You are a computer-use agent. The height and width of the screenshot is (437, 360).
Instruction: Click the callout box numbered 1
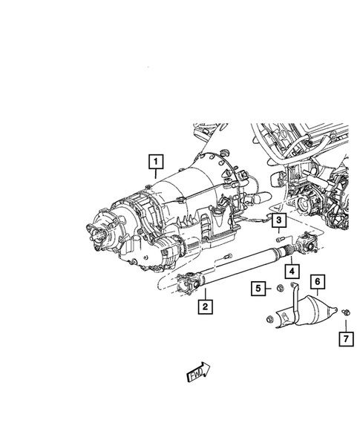[x=156, y=161]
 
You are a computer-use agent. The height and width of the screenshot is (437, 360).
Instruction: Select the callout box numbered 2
[x=205, y=306]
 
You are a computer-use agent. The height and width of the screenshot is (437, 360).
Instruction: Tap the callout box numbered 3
[x=279, y=220]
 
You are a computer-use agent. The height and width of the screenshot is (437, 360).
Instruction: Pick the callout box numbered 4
[x=292, y=271]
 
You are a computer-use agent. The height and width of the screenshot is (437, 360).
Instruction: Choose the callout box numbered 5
[x=258, y=288]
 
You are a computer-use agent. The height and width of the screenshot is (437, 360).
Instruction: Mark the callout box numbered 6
[x=318, y=282]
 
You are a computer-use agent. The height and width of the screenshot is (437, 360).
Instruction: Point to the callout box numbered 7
[x=346, y=339]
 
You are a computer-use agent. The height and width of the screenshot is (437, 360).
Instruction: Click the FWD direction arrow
[x=198, y=372]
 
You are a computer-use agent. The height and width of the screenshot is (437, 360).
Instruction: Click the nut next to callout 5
[x=280, y=288]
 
